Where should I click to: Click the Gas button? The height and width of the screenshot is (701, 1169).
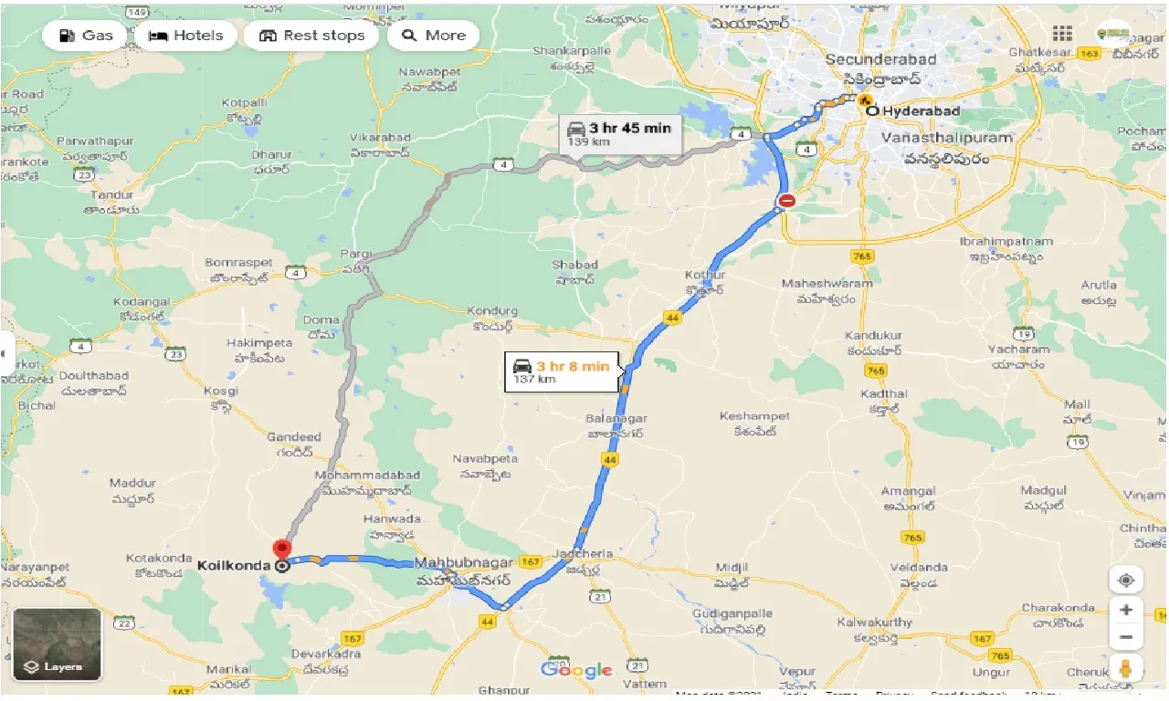tap(86, 36)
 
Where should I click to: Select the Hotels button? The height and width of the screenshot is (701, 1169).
tap(186, 36)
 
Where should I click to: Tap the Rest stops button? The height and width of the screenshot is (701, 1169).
tap(311, 36)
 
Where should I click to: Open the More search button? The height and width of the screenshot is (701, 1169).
tap(434, 36)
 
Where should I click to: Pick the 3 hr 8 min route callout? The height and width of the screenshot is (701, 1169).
tap(562, 371)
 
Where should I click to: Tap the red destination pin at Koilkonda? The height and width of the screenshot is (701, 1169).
tap(282, 550)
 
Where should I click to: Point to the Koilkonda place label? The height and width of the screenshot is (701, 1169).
tap(233, 566)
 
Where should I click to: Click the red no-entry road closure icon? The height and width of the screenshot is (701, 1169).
tap(786, 201)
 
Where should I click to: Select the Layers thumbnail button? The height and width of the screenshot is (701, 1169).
tap(57, 645)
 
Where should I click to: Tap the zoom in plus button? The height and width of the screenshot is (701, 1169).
tap(1127, 610)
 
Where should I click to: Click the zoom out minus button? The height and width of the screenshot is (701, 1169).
tap(1127, 637)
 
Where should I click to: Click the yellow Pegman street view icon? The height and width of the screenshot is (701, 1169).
tap(1127, 669)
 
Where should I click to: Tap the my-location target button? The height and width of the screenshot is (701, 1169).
tap(1127, 581)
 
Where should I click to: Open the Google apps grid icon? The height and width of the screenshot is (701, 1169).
tap(1062, 34)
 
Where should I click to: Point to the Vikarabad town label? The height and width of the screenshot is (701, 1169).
tap(377, 137)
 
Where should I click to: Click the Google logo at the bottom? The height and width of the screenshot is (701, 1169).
tap(576, 671)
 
